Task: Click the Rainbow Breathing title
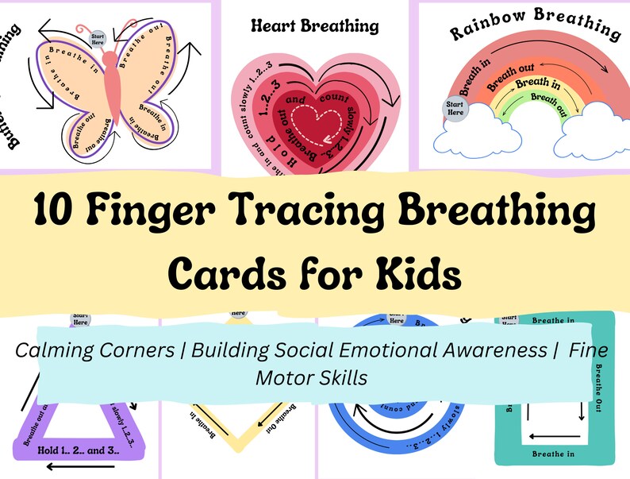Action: point(535,25)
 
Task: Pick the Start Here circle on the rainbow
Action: point(455,108)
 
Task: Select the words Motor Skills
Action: point(311,377)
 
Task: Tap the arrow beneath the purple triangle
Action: point(71,467)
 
